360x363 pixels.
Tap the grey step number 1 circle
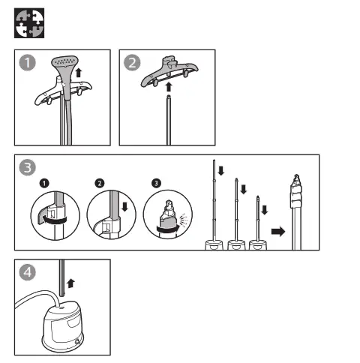coord(28,63)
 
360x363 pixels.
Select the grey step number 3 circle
coord(28,168)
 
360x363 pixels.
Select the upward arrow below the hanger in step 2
coord(168,88)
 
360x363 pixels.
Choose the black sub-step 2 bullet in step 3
coord(100,183)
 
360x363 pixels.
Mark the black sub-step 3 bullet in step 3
coord(155,183)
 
